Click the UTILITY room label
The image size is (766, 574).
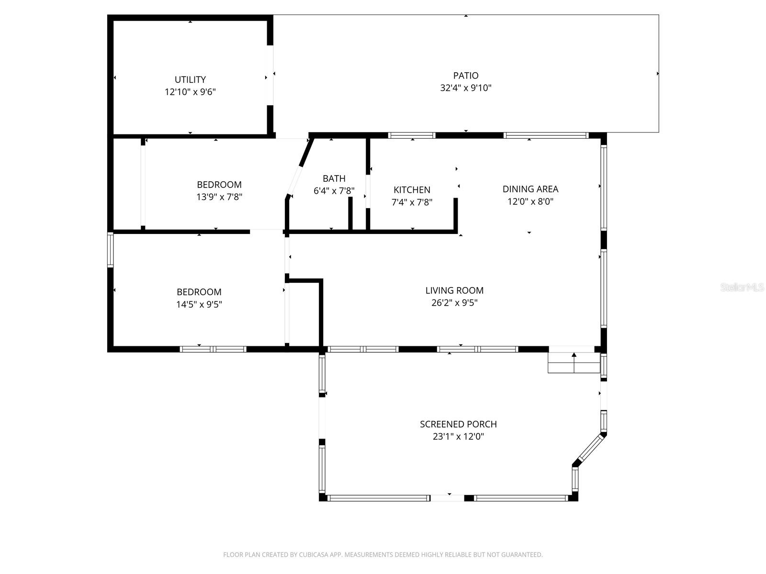tap(190, 79)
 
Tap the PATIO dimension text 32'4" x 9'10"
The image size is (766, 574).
tap(465, 88)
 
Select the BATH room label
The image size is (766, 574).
tap(334, 178)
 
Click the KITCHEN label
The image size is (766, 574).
tap(412, 190)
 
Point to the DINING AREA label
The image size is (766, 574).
tap(530, 189)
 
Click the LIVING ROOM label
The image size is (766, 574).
tap(454, 290)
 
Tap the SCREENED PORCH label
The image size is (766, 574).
tap(458, 424)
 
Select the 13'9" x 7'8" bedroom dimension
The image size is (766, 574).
tap(219, 197)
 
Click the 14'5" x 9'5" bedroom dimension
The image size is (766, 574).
tap(199, 304)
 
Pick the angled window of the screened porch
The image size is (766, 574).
tap(589, 448)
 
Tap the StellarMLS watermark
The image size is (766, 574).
tap(742, 287)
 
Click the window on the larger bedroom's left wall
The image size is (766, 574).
tap(110, 249)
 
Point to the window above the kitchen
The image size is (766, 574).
tap(412, 135)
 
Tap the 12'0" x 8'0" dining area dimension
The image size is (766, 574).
tap(530, 201)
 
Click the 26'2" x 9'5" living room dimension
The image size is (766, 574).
tap(454, 303)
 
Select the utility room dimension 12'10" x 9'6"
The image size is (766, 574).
tap(190, 92)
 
